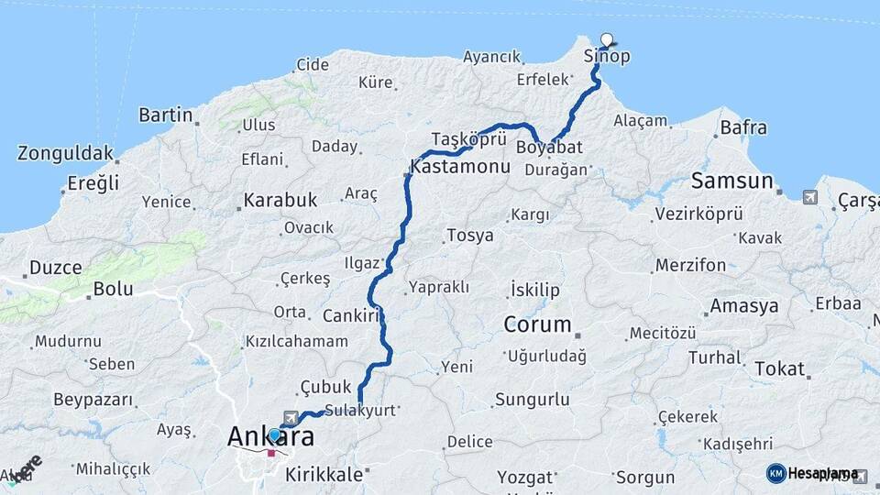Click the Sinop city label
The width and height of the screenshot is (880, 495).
coord(607,57)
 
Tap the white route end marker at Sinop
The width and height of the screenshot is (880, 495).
coord(606,39)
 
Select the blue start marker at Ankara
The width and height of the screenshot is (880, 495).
coord(274,434)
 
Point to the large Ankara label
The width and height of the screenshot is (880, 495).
coord(270,438)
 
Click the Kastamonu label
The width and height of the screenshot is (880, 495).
coord(460,168)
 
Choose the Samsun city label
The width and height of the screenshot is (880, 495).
coord(732,181)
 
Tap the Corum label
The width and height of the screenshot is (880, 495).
coord(538,324)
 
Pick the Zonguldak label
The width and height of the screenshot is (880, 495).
coord(66,153)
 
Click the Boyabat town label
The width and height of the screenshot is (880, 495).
coord(549,147)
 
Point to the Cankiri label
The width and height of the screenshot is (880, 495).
coord(351,316)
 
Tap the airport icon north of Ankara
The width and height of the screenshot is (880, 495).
coord(291,416)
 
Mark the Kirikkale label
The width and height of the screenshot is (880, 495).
coord(324,475)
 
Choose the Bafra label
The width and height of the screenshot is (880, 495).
coord(743,127)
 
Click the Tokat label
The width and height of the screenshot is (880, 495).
coord(779,368)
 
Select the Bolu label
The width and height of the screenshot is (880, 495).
coord(113,290)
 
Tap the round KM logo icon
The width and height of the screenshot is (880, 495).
coord(775,473)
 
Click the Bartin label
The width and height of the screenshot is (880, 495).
coord(165,115)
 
